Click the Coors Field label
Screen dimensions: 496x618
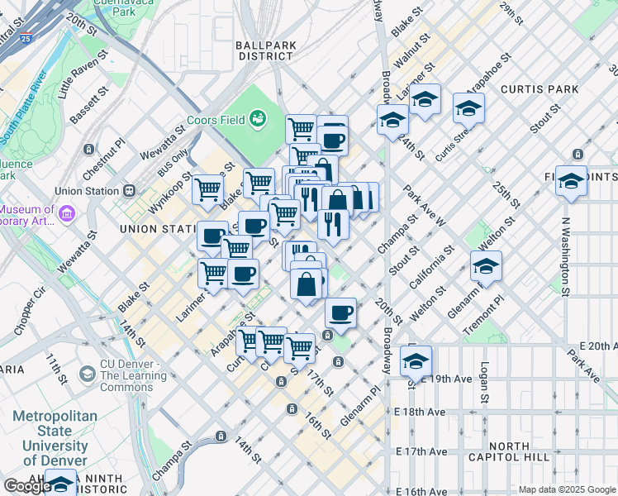[214, 120]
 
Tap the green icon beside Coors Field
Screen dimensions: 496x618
[259, 120]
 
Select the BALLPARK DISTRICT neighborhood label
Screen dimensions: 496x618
[264, 50]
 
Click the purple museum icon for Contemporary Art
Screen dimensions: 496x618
[67, 214]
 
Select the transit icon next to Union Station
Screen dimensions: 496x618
[129, 191]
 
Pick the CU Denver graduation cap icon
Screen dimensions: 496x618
[87, 374]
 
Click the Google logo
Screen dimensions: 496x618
[26, 486]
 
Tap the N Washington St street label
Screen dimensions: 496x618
[566, 255]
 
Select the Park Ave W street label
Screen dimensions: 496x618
[425, 207]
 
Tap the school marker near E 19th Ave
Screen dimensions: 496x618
[416, 360]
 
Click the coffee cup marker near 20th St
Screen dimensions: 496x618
[340, 313]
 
